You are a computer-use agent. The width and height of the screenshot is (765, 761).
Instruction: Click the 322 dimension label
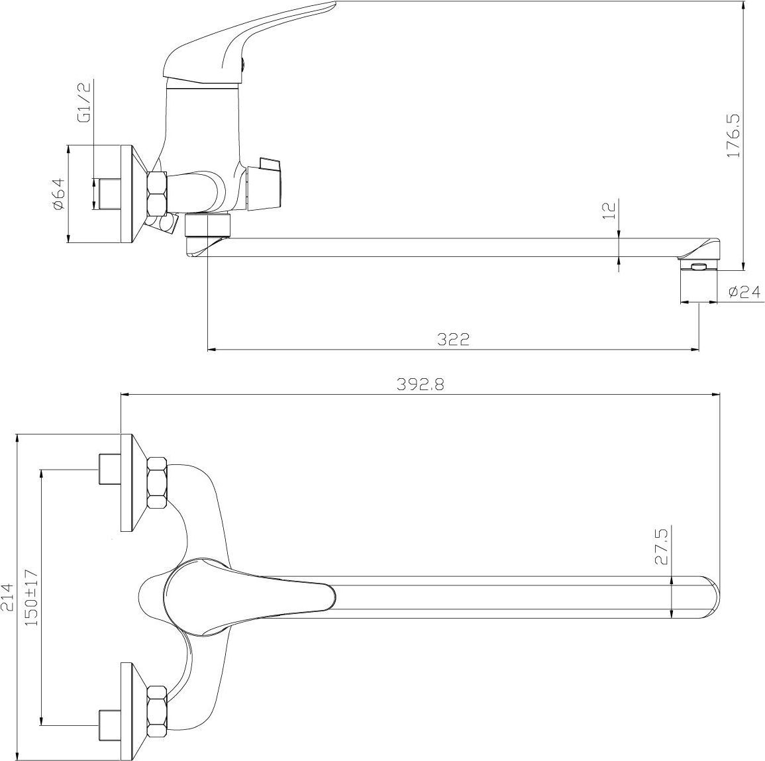click(453, 339)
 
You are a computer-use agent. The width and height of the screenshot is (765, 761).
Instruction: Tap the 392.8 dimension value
click(420, 385)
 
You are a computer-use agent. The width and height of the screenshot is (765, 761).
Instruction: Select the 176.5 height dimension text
click(733, 135)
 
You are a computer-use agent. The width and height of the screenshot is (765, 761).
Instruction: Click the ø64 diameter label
click(58, 193)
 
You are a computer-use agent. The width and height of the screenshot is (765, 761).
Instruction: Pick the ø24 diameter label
click(744, 291)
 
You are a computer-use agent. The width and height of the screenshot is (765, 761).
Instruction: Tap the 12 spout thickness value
click(610, 211)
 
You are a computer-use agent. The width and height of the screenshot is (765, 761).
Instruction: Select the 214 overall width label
click(7, 597)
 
